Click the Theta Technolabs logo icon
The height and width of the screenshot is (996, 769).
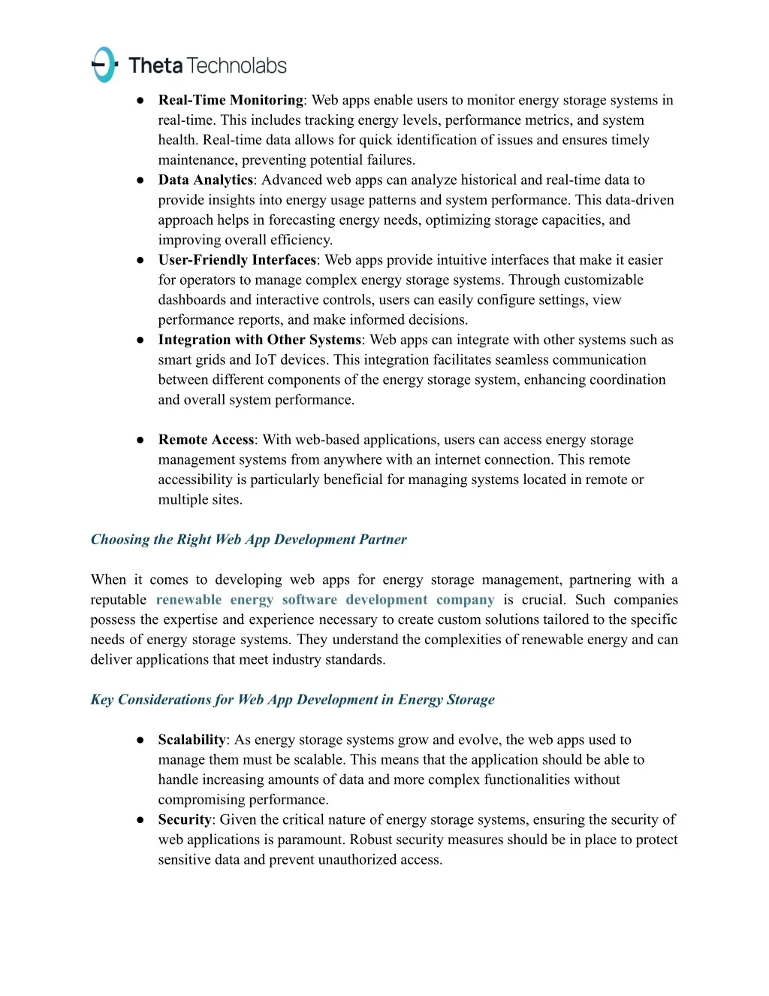(x=104, y=65)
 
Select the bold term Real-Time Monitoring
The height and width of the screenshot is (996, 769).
(x=231, y=100)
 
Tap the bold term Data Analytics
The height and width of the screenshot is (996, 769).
(x=205, y=180)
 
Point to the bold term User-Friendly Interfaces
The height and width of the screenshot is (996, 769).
(x=237, y=260)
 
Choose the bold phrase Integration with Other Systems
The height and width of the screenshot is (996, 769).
(x=259, y=340)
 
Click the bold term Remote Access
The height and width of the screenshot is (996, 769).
(x=206, y=440)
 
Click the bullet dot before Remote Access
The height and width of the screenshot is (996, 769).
(x=140, y=440)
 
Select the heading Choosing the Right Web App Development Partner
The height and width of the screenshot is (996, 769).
(x=249, y=540)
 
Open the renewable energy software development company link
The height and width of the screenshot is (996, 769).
(x=324, y=600)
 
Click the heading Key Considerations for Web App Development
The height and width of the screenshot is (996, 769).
(x=292, y=700)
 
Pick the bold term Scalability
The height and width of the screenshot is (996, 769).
(x=191, y=740)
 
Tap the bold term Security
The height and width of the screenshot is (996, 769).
(x=185, y=819)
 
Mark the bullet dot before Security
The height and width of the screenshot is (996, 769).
(x=140, y=819)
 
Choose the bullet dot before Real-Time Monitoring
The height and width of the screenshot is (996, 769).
(x=140, y=100)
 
